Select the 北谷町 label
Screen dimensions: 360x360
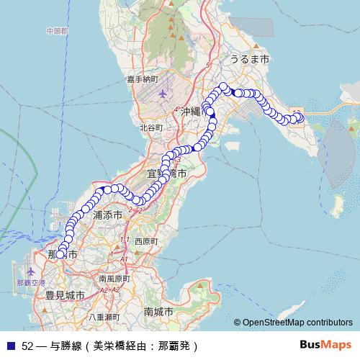(x=152, y=127)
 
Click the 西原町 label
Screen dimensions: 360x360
(x=145, y=241)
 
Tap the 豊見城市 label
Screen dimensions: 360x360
(x=65, y=295)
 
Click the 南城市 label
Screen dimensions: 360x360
(x=158, y=312)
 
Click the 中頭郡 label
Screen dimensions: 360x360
(x=56, y=32)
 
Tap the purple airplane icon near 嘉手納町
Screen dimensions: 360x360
(x=161, y=94)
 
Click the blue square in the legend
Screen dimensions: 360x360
(x=9, y=345)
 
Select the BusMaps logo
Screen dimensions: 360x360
(x=325, y=344)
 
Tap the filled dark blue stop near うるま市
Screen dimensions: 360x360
(x=238, y=93)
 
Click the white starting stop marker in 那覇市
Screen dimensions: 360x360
(x=60, y=253)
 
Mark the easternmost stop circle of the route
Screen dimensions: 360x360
(x=301, y=118)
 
